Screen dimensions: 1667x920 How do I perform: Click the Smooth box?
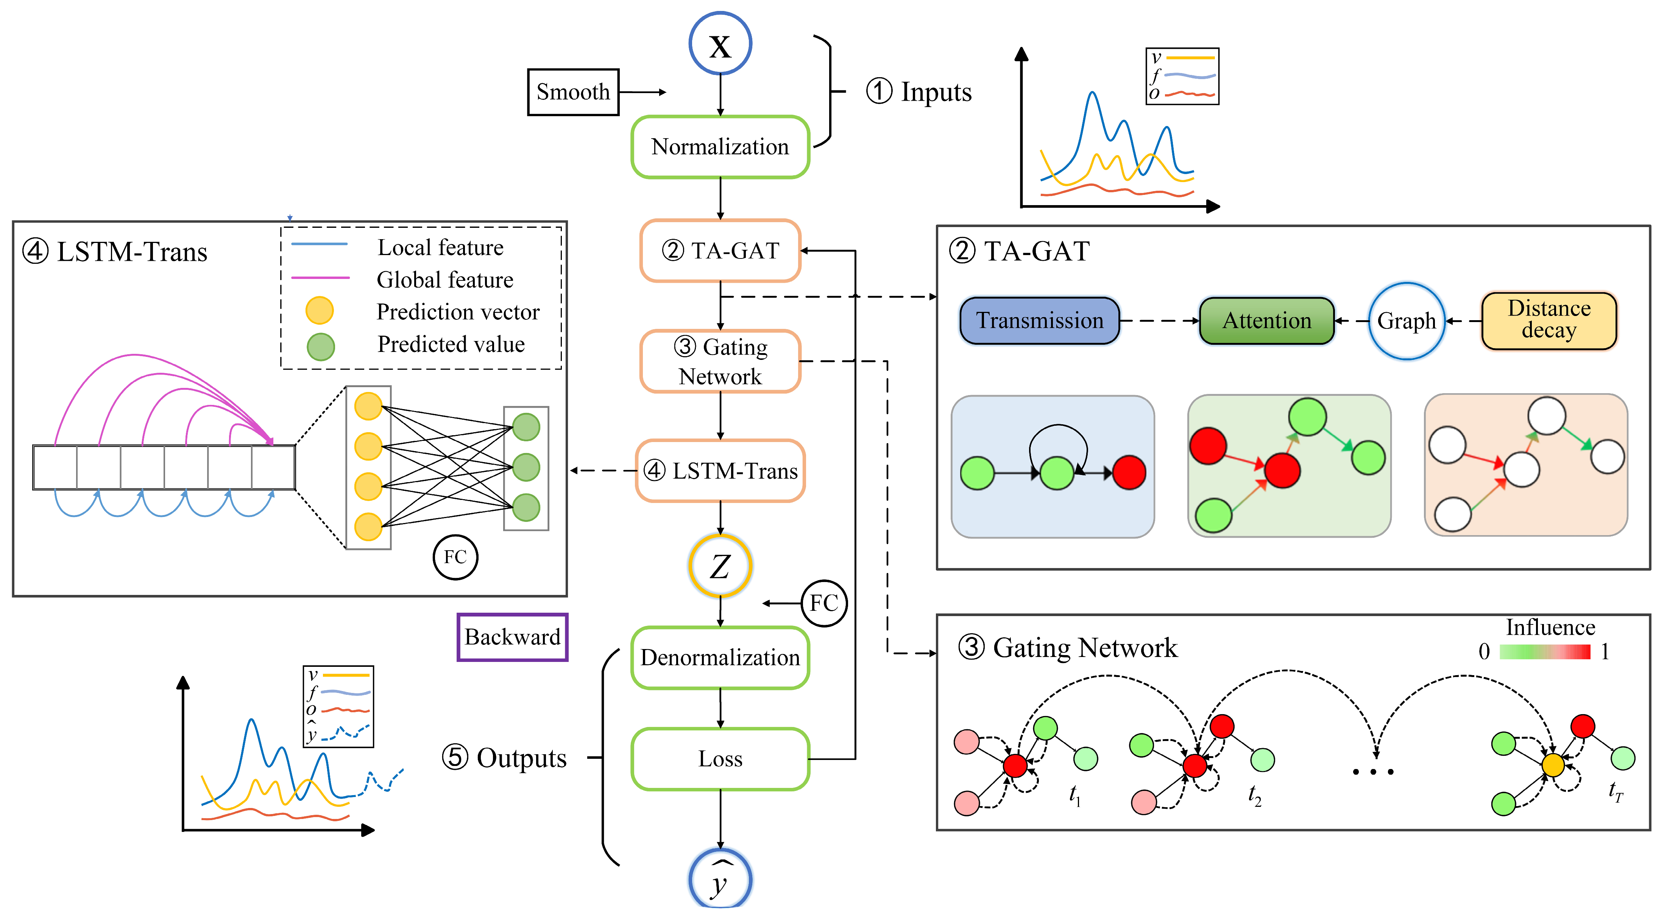(x=573, y=92)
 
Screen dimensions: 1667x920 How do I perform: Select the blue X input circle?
(x=720, y=44)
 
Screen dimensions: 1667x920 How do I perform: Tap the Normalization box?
(x=720, y=147)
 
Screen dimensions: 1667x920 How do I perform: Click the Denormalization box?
(x=720, y=657)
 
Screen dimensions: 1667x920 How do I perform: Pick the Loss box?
(x=720, y=759)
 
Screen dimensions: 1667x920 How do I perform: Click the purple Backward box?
(x=513, y=637)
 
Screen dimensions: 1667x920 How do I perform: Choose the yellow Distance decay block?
(x=1549, y=320)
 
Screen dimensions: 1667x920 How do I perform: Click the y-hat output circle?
(x=720, y=880)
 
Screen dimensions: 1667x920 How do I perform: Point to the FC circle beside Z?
(x=824, y=603)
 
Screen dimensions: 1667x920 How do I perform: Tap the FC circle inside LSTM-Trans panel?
(x=455, y=557)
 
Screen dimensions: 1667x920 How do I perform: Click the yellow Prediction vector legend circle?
(x=320, y=311)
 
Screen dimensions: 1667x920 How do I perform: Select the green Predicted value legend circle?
(x=320, y=347)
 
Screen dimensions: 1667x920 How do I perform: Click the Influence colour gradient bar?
(x=1545, y=652)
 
